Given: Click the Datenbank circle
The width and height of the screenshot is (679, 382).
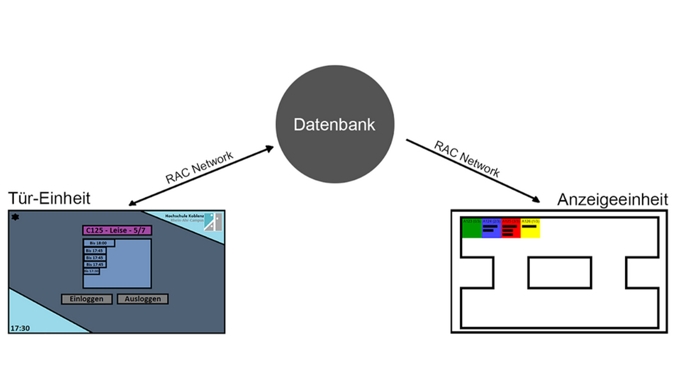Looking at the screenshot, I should tap(335, 124).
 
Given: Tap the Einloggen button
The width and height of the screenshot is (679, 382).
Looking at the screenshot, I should tap(87, 299).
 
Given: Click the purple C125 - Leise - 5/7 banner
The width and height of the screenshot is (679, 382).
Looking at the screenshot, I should tap(117, 230).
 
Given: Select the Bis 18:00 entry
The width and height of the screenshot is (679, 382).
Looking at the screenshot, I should tap(99, 243).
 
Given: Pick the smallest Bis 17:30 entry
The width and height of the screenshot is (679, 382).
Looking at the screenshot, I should tap(92, 271).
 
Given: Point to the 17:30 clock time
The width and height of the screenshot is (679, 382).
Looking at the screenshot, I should tap(20, 328).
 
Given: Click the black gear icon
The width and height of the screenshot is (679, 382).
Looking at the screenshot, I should tap(15, 217).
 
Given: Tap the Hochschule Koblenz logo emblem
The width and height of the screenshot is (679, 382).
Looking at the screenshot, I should tap(213, 222).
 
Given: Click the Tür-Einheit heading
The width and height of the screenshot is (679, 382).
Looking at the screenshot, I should tap(49, 198).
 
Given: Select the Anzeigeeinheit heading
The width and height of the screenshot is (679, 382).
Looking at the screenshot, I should tap(613, 199).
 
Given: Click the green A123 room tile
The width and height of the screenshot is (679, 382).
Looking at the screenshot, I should tap(472, 228).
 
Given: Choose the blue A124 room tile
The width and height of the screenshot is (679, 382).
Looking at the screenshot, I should tap(492, 228).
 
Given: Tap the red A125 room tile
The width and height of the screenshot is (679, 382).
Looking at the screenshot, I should tap(511, 228).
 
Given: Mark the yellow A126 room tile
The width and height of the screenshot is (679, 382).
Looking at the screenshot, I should tap(530, 228).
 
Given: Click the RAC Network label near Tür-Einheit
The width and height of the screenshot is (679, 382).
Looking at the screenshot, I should tap(199, 167).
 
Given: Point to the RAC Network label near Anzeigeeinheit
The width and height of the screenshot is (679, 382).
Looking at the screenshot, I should tap(467, 159).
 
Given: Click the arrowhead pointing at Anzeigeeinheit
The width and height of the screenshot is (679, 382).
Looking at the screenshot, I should tap(536, 200).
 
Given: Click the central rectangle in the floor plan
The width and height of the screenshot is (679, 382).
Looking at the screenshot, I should tap(559, 273).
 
